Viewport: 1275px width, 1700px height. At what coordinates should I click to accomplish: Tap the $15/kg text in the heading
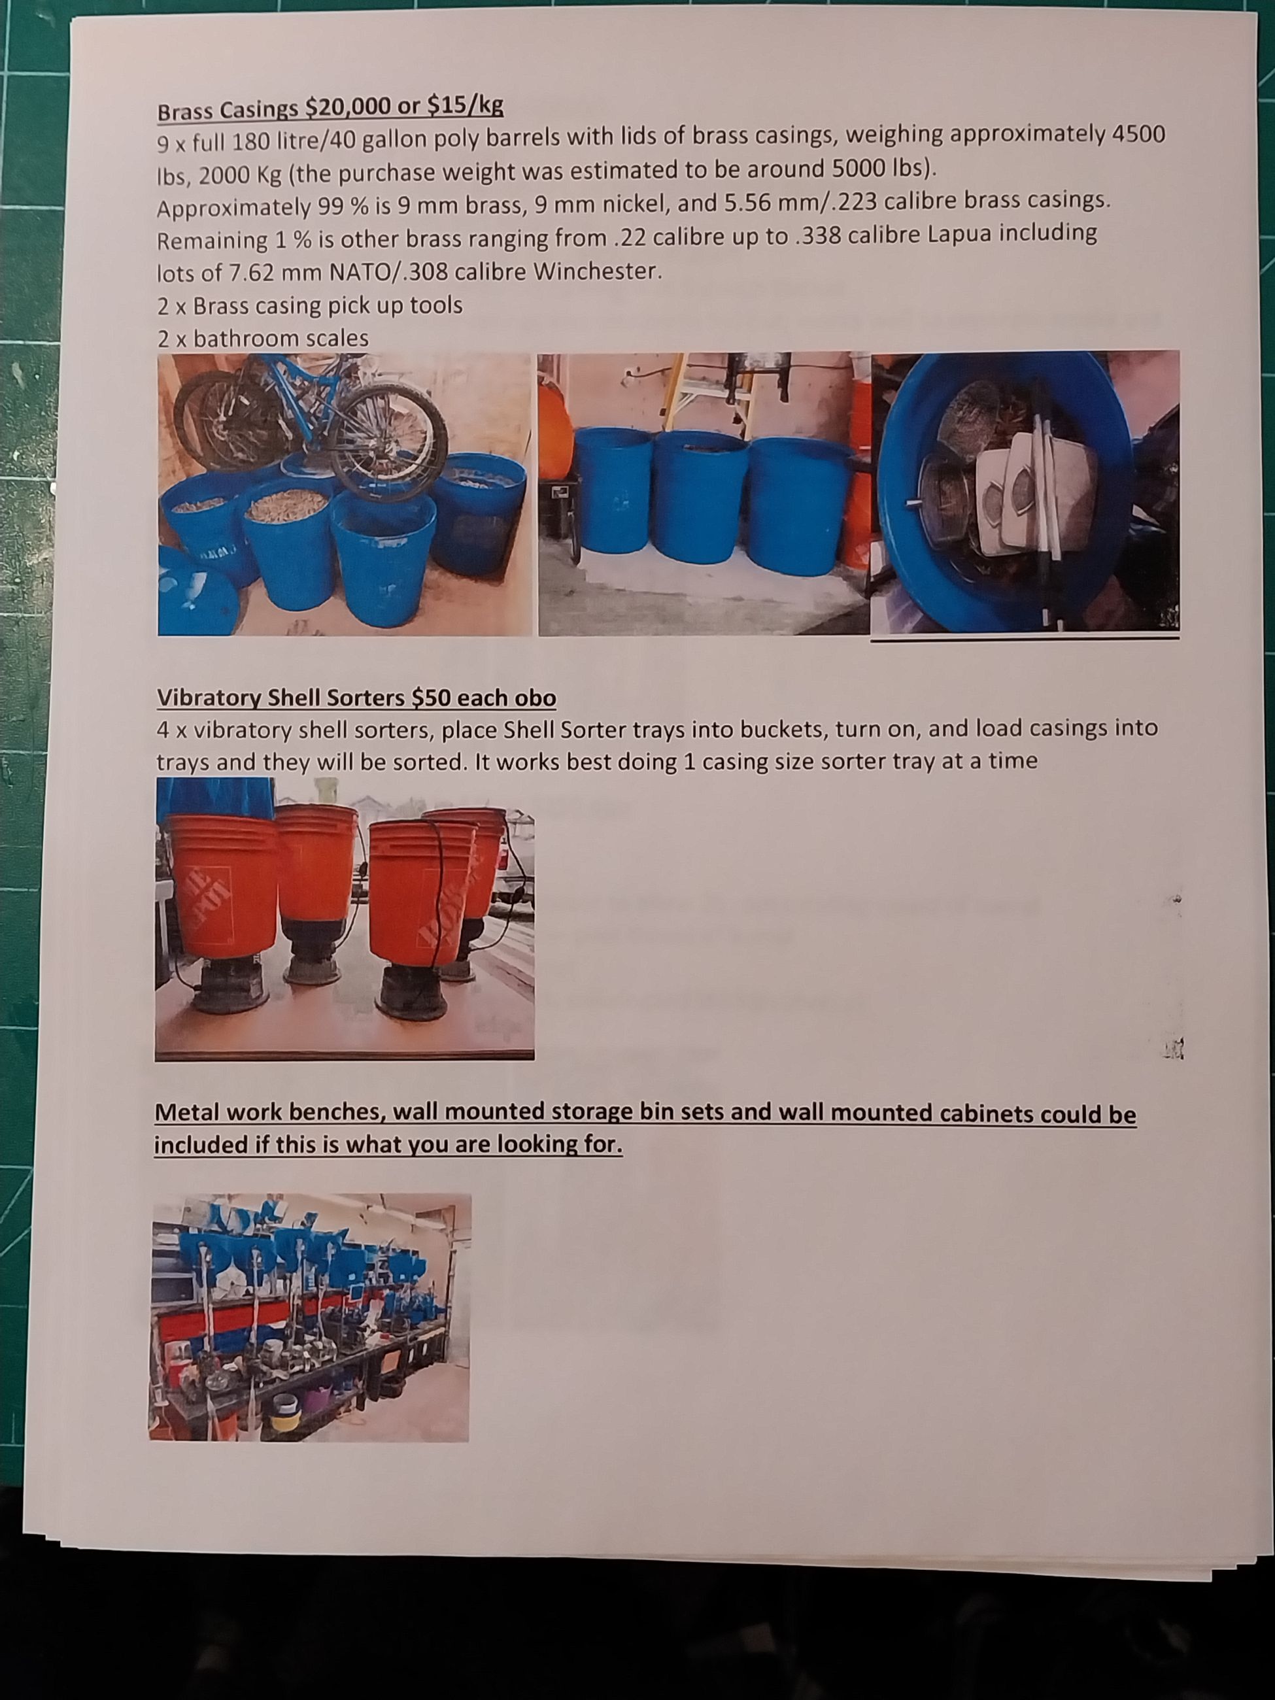(x=465, y=106)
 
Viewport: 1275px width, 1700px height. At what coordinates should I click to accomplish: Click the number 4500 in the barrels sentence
(x=1139, y=134)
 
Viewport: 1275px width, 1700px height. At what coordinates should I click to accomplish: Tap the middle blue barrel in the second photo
(x=700, y=500)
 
